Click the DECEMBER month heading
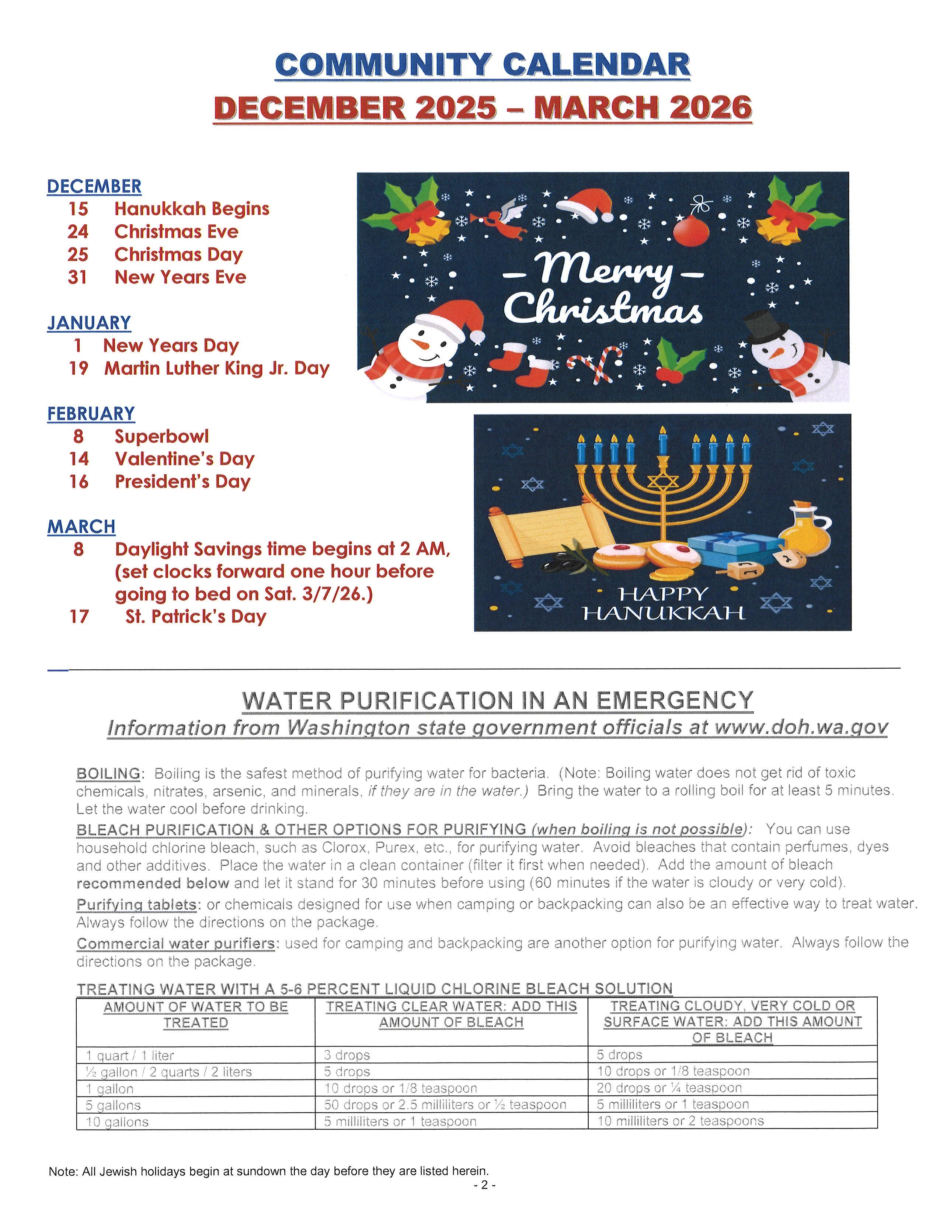pos(94,186)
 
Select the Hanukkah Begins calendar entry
pos(192,209)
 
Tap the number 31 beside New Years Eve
pos(77,277)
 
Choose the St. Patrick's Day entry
pos(195,616)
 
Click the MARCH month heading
pos(81,526)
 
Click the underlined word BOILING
pos(108,774)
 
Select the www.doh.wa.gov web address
pos(801,728)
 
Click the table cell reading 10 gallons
pos(118,1122)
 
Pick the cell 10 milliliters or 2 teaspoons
pos(680,1121)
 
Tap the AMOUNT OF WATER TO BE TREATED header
pos(195,1015)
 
